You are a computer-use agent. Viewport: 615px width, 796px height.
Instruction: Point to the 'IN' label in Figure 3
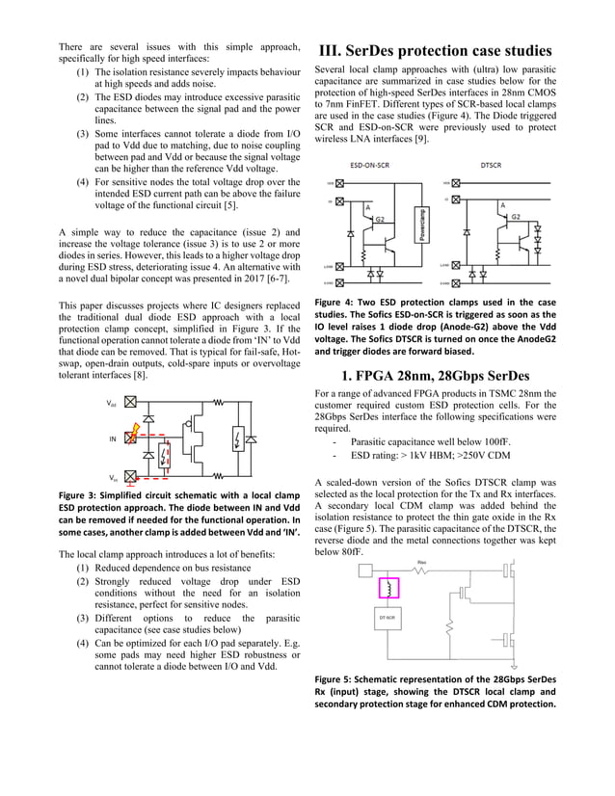click(x=112, y=438)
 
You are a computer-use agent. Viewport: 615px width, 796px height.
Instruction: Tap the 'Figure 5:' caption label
click(x=339, y=678)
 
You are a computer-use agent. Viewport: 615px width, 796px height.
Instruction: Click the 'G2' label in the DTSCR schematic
click(x=517, y=218)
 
